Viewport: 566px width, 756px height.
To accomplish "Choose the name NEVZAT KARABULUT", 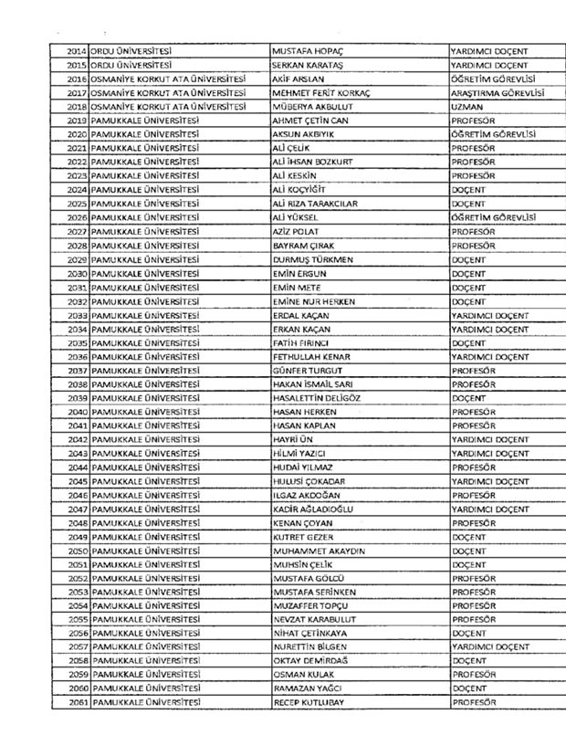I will point(314,618).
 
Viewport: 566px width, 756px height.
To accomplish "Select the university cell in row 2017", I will point(169,93).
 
